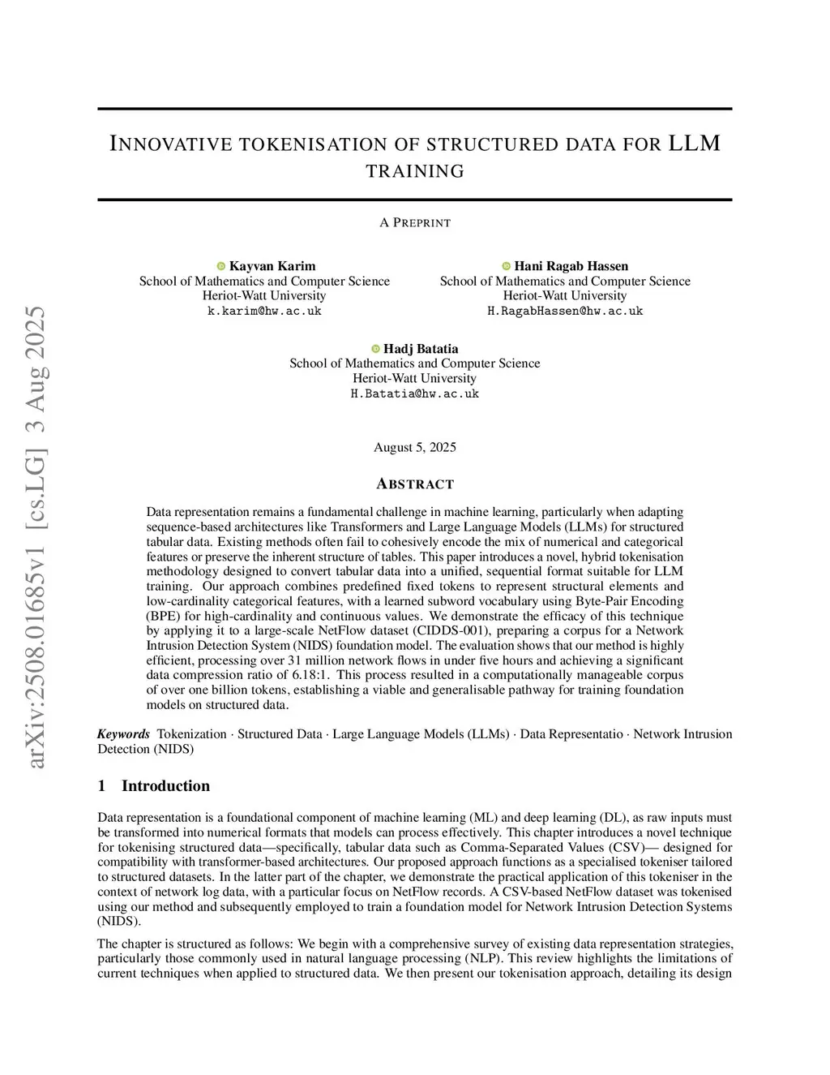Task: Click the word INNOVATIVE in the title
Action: click(169, 144)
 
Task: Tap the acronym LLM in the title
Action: click(694, 144)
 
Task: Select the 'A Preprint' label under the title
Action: click(415, 222)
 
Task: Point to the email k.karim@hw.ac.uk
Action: click(264, 311)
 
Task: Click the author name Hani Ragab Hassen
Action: click(571, 266)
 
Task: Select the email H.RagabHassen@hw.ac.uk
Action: click(565, 311)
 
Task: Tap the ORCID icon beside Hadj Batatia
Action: click(376, 349)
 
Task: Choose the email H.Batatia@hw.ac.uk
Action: click(415, 393)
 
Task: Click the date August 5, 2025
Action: click(415, 447)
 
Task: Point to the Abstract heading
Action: click(415, 484)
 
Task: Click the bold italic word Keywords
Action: click(123, 734)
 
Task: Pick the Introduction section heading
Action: click(165, 785)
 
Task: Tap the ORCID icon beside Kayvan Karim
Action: click(220, 266)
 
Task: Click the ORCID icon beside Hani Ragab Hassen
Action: click(507, 266)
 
